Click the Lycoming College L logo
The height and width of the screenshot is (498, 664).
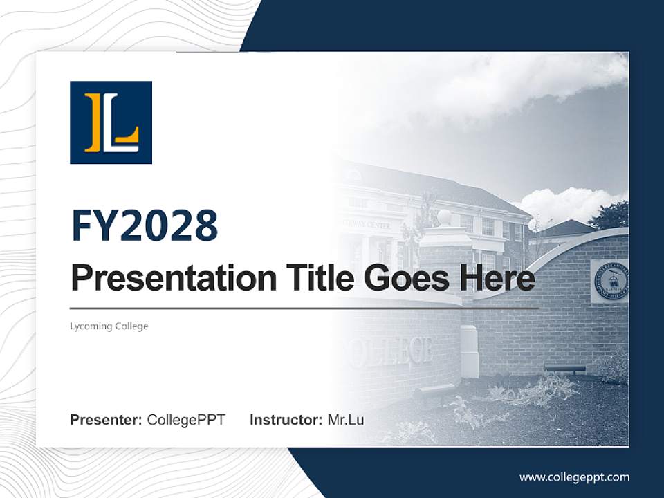[x=111, y=122]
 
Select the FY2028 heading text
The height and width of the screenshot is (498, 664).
[x=145, y=225]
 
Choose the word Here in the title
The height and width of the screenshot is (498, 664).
[x=497, y=278]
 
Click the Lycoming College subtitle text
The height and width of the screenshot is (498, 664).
[x=109, y=326]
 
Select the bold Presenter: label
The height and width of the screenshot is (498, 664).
[x=107, y=420]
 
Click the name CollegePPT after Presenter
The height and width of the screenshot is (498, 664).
[x=186, y=420]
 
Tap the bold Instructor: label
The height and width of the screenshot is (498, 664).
[x=286, y=420]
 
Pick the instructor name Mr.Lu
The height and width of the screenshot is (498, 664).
[x=346, y=420]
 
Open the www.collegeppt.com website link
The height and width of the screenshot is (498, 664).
[x=574, y=477]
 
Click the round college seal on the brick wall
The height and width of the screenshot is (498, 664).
[x=610, y=281]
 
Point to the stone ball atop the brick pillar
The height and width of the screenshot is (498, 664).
[x=444, y=217]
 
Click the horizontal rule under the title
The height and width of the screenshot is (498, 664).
[x=304, y=308]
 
